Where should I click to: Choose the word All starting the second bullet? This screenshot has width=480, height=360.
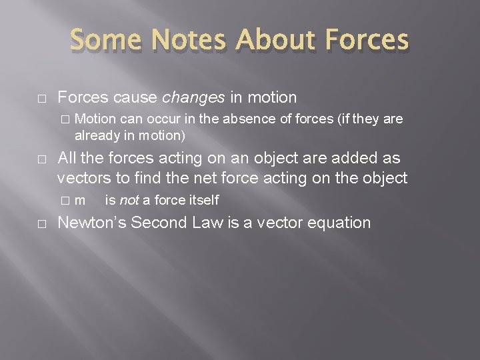[x=68, y=158]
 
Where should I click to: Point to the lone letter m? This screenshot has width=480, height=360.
[x=80, y=201]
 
